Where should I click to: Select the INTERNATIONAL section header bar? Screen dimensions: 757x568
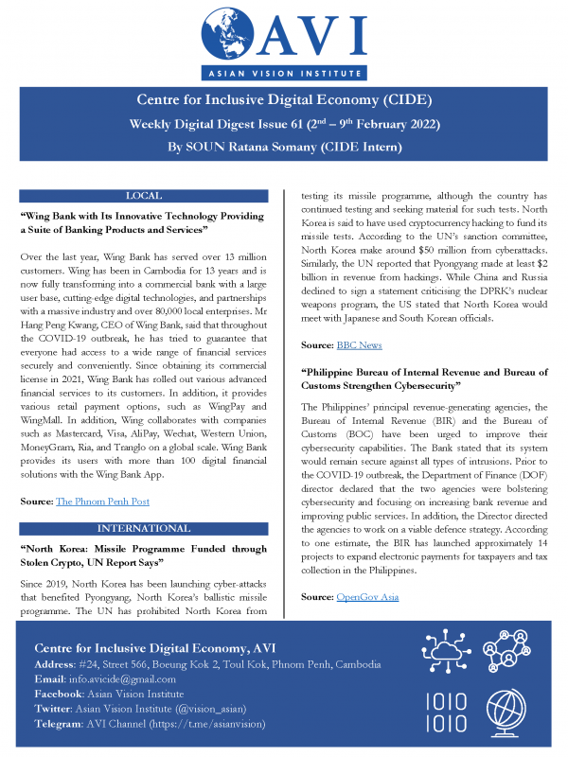coord(148,527)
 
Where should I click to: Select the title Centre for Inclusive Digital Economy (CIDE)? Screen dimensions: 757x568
coord(283,102)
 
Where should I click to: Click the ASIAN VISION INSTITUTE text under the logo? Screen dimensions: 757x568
coord(283,72)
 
